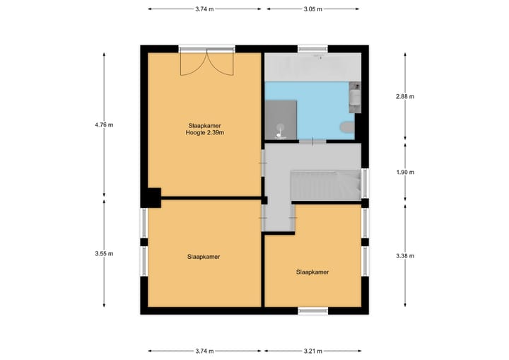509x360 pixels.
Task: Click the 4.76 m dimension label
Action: pyautogui.click(x=104, y=125)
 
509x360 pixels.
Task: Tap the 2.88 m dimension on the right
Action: pyautogui.click(x=406, y=96)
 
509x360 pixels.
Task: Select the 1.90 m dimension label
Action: pyautogui.click(x=406, y=172)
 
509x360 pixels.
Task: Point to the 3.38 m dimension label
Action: pyautogui.click(x=406, y=256)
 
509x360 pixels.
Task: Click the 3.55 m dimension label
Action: pyautogui.click(x=104, y=253)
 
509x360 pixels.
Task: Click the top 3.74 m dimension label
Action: pyautogui.click(x=205, y=9)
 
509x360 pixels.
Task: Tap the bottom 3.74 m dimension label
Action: pyautogui.click(x=205, y=351)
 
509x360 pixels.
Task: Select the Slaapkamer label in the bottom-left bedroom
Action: pyautogui.click(x=204, y=257)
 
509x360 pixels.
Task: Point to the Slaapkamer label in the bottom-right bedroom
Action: pyautogui.click(x=312, y=272)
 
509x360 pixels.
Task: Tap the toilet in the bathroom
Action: pyautogui.click(x=346, y=127)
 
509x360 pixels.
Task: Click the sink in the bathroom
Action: pyautogui.click(x=355, y=98)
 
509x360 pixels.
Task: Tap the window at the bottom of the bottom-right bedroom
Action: pyautogui.click(x=312, y=310)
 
